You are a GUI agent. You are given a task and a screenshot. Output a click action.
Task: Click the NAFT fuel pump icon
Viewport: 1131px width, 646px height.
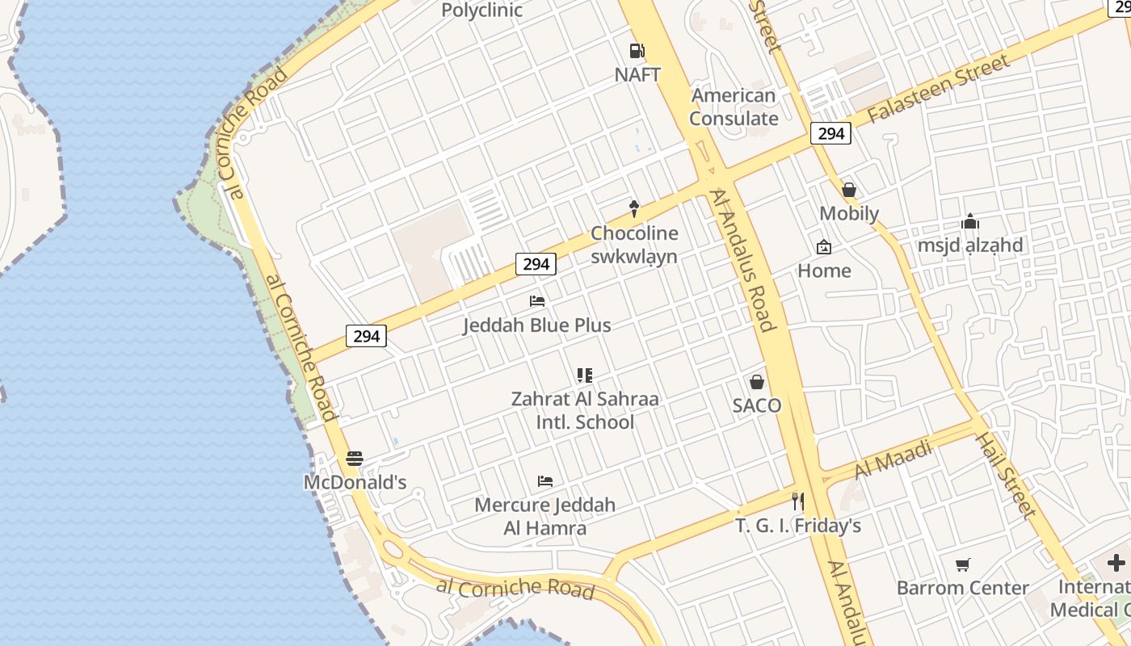coord(637,51)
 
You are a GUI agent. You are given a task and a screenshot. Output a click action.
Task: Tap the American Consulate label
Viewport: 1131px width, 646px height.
coord(734,107)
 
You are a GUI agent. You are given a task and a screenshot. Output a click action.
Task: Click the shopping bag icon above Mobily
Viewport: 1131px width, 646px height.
coord(848,190)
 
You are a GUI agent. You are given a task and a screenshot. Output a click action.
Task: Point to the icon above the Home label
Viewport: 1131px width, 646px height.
coord(824,247)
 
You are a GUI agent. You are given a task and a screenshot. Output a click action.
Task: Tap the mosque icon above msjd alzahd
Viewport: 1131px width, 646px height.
coord(969,221)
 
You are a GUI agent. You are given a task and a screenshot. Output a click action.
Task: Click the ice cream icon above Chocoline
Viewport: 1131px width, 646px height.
coord(634,209)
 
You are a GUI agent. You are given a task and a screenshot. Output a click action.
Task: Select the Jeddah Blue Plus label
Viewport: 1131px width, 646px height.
coord(536,325)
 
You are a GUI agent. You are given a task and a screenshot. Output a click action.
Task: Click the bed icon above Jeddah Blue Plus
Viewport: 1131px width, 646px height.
coord(537,301)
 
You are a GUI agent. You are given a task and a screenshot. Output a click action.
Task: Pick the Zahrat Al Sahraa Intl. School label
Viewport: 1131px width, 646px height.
coord(585,410)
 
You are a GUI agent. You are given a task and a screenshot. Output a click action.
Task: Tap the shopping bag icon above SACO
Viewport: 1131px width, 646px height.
coord(757,382)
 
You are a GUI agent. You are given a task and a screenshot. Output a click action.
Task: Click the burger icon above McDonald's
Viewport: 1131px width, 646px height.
coord(355,459)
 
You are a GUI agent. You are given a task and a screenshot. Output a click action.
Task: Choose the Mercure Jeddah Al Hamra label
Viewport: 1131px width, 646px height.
coord(544,516)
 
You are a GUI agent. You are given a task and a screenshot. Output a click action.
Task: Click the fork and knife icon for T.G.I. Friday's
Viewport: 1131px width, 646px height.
coord(798,501)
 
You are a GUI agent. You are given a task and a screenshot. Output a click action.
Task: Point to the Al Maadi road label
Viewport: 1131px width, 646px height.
coord(893,459)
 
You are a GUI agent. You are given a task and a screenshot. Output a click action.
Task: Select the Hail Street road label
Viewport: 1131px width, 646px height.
coord(1005,475)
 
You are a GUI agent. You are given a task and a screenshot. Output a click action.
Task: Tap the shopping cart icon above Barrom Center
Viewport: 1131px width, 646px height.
coord(962,564)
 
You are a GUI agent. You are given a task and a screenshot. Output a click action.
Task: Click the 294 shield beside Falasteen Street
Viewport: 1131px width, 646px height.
coord(830,133)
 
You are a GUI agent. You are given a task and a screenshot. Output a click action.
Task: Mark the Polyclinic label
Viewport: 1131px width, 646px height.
coord(481,10)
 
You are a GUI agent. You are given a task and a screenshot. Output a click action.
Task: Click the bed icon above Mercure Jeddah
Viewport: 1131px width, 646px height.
coord(545,481)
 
